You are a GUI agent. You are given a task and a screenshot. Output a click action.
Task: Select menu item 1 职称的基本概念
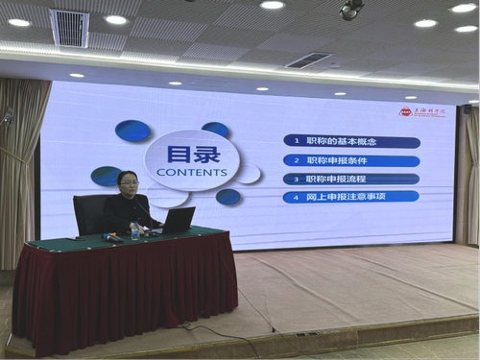coord(351,142)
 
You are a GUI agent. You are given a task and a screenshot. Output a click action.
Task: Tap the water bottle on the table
coord(135,230)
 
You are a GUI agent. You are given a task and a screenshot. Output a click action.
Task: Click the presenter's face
coord(128,182)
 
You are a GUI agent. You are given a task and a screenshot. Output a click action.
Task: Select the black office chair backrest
coord(92,211)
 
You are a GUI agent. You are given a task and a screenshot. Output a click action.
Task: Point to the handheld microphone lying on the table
coord(114,237)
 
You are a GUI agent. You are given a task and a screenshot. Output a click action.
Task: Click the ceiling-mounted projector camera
coord(350,9)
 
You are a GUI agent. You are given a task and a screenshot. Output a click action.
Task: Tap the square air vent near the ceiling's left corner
coord(69,28)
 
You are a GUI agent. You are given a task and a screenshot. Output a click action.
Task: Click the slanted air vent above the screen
coord(308,60)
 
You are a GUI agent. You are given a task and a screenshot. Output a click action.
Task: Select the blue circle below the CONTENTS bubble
coord(228,197)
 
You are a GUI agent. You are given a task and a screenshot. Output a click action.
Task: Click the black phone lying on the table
coord(149,237)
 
